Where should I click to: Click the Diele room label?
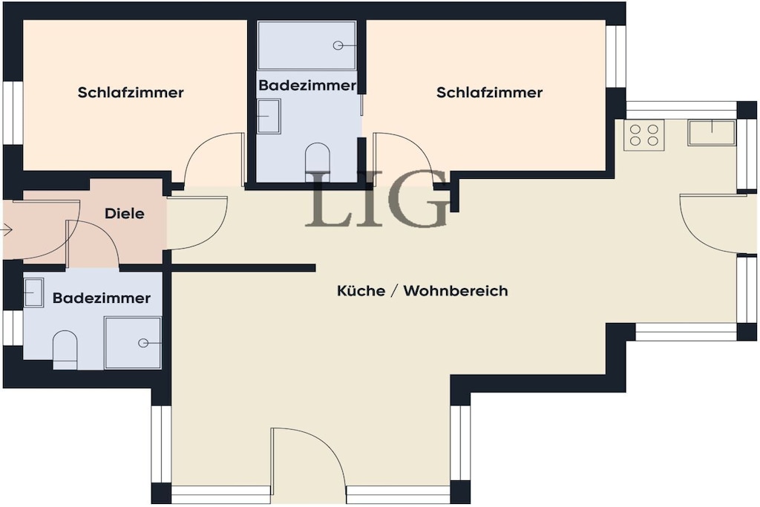pyautogui.click(x=125, y=213)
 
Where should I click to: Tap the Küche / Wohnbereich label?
pyautogui.click(x=422, y=290)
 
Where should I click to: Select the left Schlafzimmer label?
pyautogui.click(x=131, y=92)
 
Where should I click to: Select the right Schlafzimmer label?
pyautogui.click(x=490, y=92)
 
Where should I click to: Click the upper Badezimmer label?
pyautogui.click(x=307, y=85)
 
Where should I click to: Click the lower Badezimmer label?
pyautogui.click(x=101, y=298)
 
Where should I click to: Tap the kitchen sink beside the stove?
pyautogui.click(x=711, y=132)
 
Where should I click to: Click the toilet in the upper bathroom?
pyautogui.click(x=317, y=162)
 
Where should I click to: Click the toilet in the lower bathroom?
pyautogui.click(x=65, y=350)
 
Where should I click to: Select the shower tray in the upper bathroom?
pyautogui.click(x=307, y=45)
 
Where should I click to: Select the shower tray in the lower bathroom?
pyautogui.click(x=134, y=343)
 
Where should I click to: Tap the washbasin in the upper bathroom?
pyautogui.click(x=269, y=117)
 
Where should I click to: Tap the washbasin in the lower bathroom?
pyautogui.click(x=33, y=292)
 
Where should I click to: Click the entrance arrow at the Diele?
pyautogui.click(x=6, y=230)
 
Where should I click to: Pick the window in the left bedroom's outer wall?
pyautogui.click(x=13, y=113)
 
